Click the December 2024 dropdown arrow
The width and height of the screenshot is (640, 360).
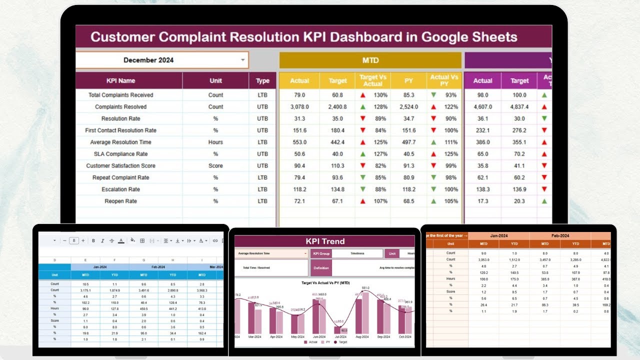pos(243,60)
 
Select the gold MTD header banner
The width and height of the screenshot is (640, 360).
pos(370,60)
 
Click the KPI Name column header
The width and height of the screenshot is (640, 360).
pos(120,80)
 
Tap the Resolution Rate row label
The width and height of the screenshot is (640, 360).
pos(120,118)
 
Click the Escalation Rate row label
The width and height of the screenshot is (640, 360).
pos(120,189)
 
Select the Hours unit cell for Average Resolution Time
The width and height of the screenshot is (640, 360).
pos(215,142)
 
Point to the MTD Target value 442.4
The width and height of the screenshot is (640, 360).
pos(337,142)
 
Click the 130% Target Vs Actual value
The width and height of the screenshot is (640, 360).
pos(380,95)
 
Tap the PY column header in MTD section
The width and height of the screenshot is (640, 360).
pos(408,80)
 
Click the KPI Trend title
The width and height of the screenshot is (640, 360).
pos(325,241)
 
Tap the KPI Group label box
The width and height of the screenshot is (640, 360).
pos(321,253)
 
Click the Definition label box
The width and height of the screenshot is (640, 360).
pos(321,268)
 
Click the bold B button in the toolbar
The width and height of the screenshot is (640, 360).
pos(93,240)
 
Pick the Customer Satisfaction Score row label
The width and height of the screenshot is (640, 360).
pos(120,166)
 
